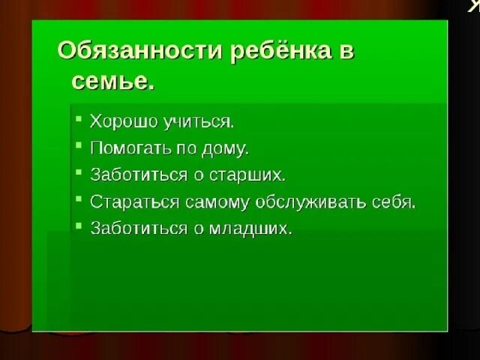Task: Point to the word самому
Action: (x=208, y=202)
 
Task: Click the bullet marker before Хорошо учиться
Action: (x=78, y=120)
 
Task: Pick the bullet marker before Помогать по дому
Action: (x=78, y=147)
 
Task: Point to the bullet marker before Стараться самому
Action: (x=78, y=201)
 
